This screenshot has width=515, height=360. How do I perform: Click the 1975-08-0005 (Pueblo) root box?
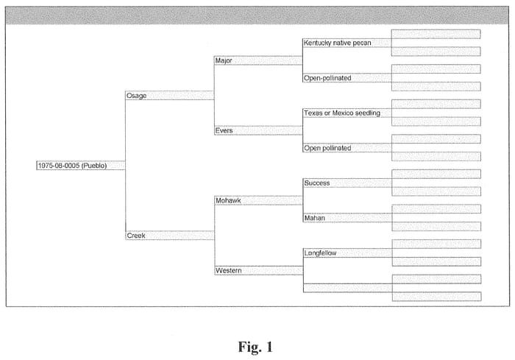[81, 166]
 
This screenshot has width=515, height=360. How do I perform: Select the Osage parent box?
[170, 96]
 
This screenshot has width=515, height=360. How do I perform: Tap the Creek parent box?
[170, 236]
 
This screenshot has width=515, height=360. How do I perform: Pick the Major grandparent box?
[258, 60]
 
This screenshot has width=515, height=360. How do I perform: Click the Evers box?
[258, 130]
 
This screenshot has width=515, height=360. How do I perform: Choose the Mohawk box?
[258, 200]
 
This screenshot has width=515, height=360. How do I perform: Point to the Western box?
[259, 270]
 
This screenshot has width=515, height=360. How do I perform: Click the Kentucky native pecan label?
[337, 43]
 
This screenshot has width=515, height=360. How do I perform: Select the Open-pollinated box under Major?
[347, 78]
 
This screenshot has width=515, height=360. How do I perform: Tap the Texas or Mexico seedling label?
[342, 113]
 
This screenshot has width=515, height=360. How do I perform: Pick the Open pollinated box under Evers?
[347, 148]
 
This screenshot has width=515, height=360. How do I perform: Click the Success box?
[347, 183]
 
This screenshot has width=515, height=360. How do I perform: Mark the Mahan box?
[347, 218]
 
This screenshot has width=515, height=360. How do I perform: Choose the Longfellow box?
[347, 253]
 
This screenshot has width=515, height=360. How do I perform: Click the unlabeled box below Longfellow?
[348, 288]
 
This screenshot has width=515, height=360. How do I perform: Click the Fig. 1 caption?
[255, 347]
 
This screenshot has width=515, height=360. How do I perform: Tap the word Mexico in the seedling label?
[343, 113]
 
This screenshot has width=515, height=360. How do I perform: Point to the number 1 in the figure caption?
[270, 347]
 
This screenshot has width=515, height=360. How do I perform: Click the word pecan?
[362, 43]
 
